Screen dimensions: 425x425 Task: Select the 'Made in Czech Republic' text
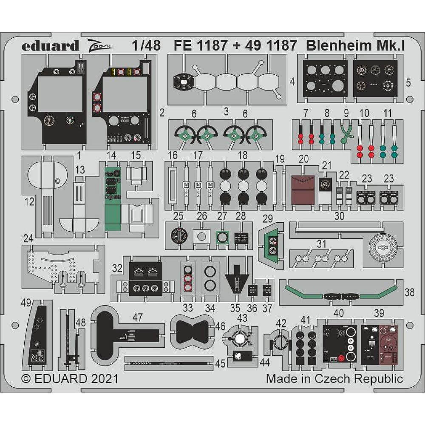tap(334, 378)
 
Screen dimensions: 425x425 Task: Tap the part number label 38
tap(410, 292)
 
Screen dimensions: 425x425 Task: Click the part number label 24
tap(28, 240)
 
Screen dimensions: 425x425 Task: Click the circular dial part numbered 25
tap(179, 235)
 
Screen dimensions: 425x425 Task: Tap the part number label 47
tap(137, 317)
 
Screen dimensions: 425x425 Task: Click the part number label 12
tap(29, 202)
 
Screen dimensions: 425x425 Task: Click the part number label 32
tap(118, 268)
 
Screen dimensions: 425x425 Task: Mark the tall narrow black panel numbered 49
tap(38, 340)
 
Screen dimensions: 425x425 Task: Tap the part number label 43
tap(242, 318)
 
